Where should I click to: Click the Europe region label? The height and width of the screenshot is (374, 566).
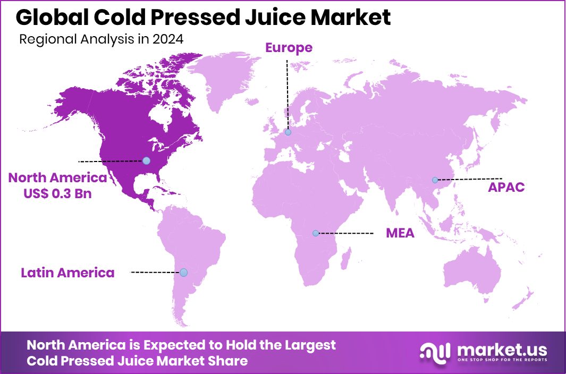(x=289, y=48)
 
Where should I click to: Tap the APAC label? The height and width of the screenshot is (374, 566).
(x=506, y=187)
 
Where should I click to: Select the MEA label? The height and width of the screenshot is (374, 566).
(x=400, y=233)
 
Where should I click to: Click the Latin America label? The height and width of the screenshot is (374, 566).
(x=67, y=273)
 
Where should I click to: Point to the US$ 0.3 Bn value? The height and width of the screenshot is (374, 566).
(x=57, y=193)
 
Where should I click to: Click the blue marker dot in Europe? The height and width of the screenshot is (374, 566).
(x=288, y=132)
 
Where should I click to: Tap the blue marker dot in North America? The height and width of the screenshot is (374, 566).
(x=146, y=160)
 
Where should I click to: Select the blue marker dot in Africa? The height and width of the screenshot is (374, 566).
(x=316, y=233)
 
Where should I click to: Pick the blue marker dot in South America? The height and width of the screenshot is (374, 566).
(x=183, y=273)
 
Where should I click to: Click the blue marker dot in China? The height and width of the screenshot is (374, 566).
(x=435, y=180)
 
